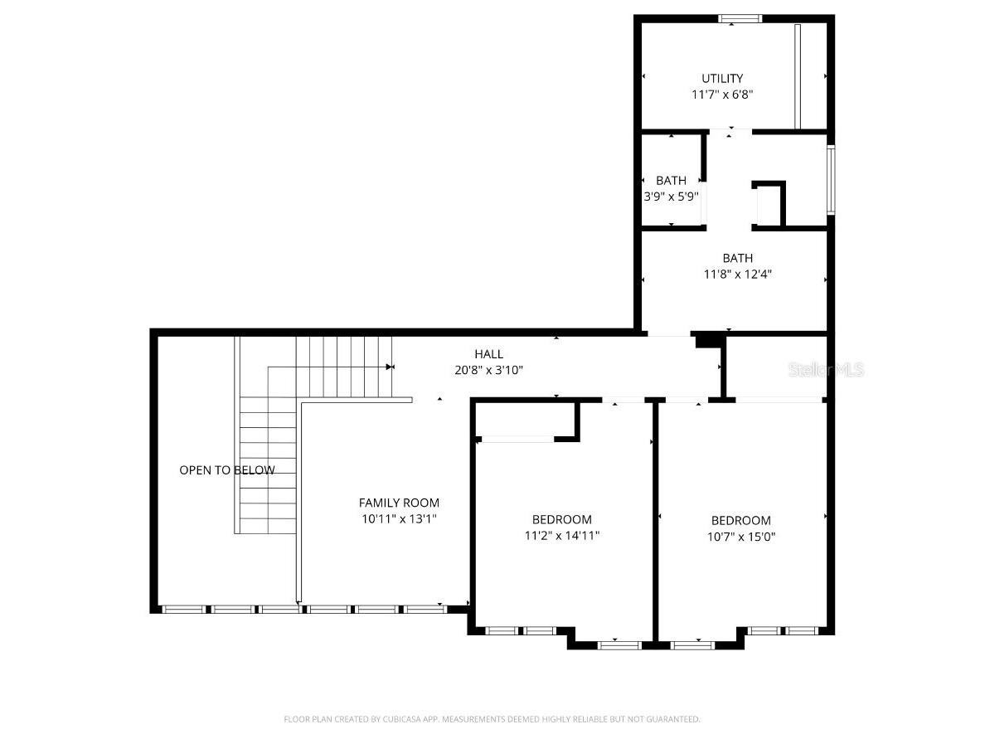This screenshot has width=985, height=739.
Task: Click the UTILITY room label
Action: point(722,79)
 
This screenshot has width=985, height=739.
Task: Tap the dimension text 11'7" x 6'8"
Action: point(722,95)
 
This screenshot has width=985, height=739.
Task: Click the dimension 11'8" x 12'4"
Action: point(737,274)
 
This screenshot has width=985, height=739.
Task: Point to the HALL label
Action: point(488,354)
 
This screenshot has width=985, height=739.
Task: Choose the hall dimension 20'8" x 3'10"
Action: point(488,370)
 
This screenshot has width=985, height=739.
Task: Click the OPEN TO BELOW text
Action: point(226,470)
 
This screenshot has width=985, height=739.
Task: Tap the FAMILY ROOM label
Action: point(399,503)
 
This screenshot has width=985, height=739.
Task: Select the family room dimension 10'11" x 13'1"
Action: point(399,518)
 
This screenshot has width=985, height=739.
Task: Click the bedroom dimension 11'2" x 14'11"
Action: point(561,536)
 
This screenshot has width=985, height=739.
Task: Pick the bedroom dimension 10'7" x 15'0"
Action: point(740,537)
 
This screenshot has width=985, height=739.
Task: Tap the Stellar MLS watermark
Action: point(826,369)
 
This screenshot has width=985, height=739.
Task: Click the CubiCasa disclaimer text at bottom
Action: point(492,719)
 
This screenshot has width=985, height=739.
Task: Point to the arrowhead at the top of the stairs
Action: point(389,366)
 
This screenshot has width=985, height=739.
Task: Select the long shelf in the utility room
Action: point(797,76)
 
